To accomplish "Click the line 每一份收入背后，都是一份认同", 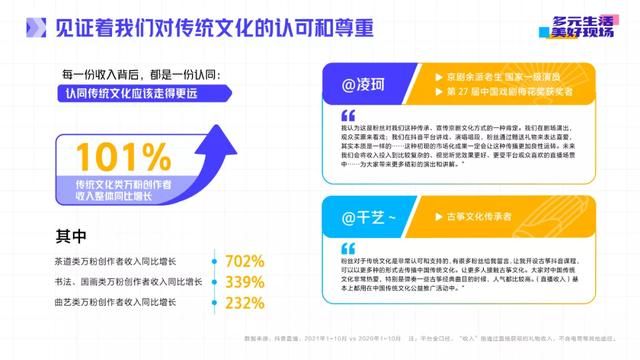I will pyautogui.click(x=137, y=75).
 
